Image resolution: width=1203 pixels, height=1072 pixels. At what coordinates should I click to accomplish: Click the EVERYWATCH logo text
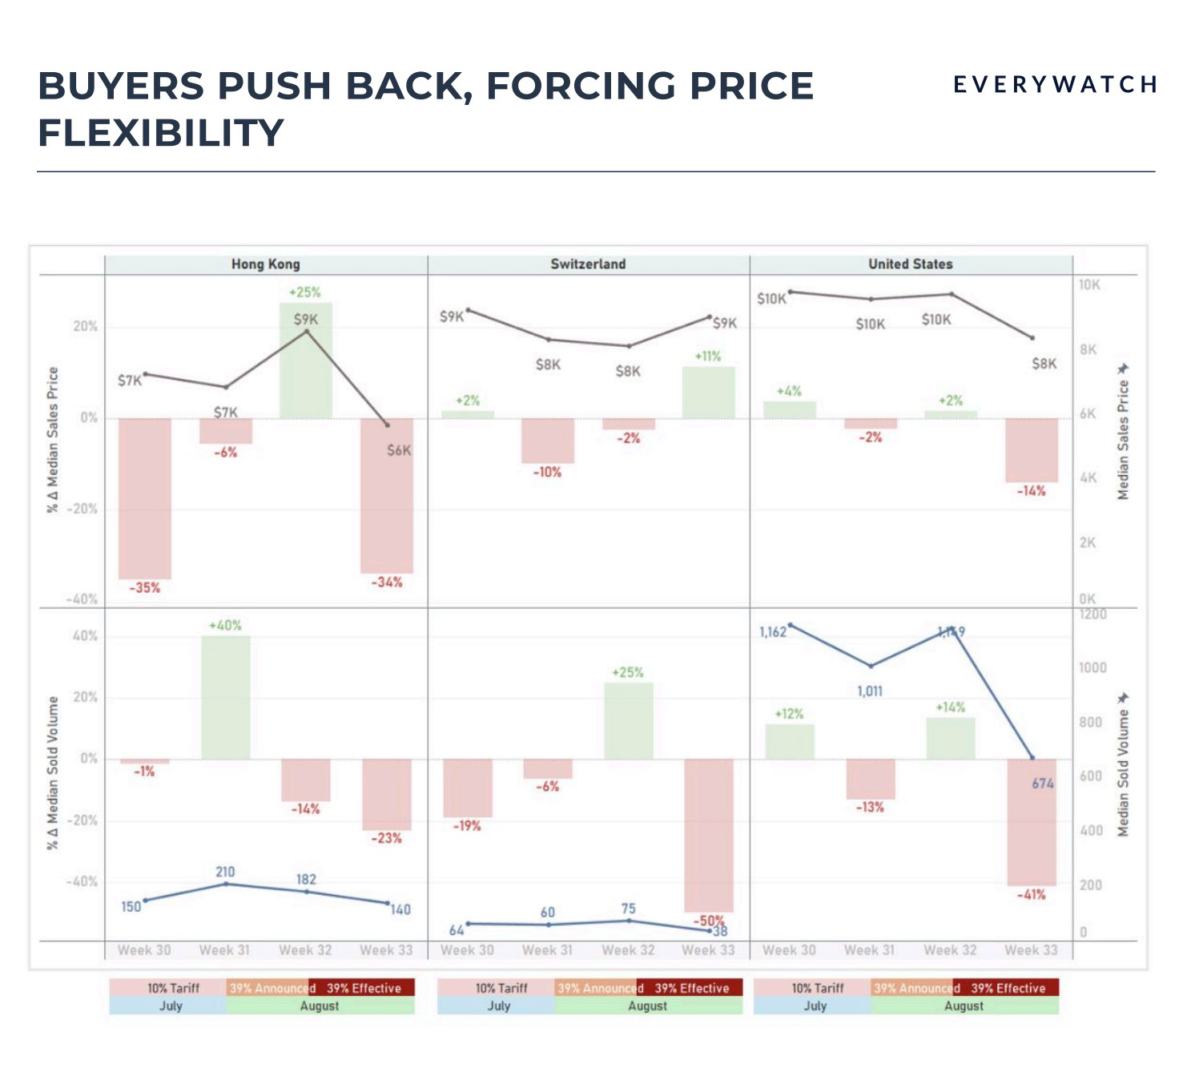pyautogui.click(x=1055, y=84)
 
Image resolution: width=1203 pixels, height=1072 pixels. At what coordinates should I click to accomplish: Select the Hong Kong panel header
pyautogui.click(x=265, y=264)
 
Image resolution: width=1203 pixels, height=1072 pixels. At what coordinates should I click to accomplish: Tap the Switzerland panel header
pyautogui.click(x=588, y=264)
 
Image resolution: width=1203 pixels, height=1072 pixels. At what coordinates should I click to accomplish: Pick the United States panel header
pyautogui.click(x=911, y=264)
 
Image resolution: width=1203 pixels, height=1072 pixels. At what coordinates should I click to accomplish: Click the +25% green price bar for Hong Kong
pyautogui.click(x=305, y=361)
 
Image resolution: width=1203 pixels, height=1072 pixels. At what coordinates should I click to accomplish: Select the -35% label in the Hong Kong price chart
pyautogui.click(x=145, y=588)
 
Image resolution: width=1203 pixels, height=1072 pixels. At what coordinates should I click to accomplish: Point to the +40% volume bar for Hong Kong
pyautogui.click(x=225, y=697)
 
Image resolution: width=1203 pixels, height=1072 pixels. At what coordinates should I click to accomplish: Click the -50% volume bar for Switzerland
pyautogui.click(x=709, y=833)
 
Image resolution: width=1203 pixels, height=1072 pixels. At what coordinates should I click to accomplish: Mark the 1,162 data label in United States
pyautogui.click(x=773, y=632)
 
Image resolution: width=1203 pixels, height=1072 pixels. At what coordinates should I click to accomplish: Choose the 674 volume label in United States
pyautogui.click(x=1043, y=784)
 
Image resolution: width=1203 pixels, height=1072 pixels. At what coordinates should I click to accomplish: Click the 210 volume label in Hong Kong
pyautogui.click(x=225, y=872)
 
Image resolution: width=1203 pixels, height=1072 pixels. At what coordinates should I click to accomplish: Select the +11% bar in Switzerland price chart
pyautogui.click(x=709, y=393)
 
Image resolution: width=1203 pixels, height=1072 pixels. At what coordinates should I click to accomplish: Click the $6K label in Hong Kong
pyautogui.click(x=399, y=450)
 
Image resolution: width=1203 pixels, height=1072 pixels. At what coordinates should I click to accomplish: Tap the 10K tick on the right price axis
pyautogui.click(x=1089, y=285)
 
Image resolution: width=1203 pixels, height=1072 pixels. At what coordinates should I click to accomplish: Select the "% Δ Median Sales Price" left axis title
pyautogui.click(x=54, y=439)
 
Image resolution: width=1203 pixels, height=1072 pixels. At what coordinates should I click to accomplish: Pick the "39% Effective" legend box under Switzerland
pyautogui.click(x=691, y=988)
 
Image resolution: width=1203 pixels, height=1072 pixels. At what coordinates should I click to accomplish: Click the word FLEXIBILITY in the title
pyautogui.click(x=161, y=133)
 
